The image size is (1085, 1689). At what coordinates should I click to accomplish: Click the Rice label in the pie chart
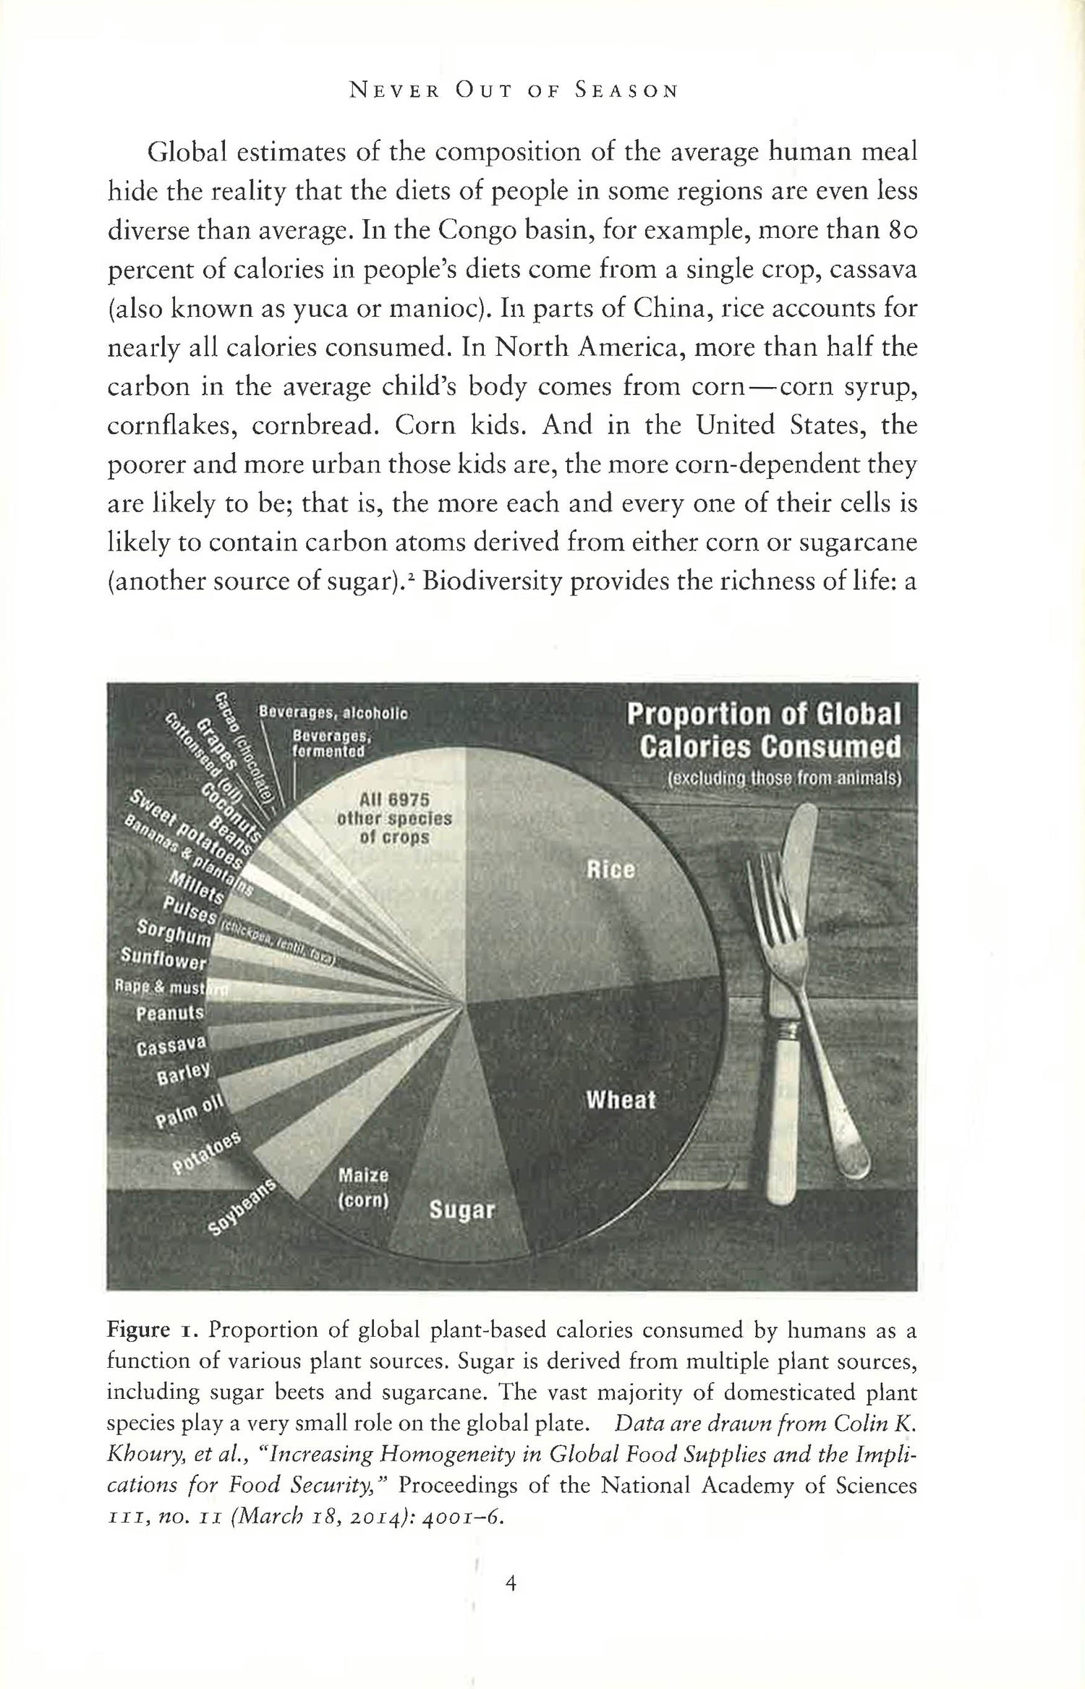(x=611, y=869)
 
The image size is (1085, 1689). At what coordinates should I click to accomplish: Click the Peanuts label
(x=171, y=1013)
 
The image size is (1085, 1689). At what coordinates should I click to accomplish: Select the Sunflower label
(x=164, y=960)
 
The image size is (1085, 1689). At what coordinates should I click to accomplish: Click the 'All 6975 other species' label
(x=394, y=819)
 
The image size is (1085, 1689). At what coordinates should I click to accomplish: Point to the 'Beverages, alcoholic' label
(x=333, y=712)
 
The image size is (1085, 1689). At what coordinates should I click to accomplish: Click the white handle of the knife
(x=789, y=1128)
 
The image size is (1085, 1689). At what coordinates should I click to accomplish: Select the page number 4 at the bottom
(x=511, y=1584)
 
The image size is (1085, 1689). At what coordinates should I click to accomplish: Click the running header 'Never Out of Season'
(x=514, y=91)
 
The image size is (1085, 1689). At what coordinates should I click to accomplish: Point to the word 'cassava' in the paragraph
(x=875, y=270)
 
